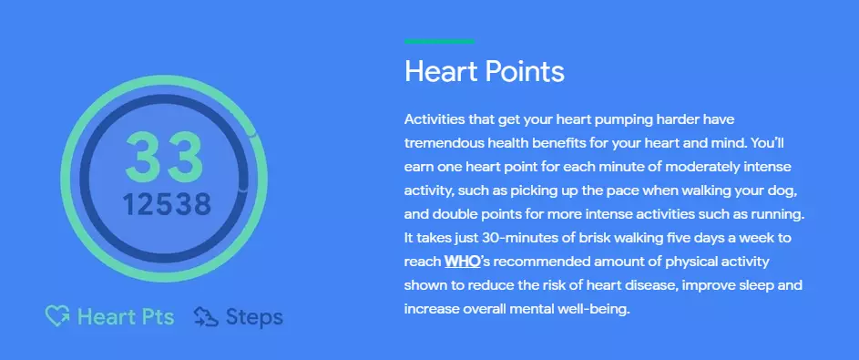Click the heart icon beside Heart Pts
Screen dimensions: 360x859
pos(58,317)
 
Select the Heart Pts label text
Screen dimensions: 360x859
pos(127,317)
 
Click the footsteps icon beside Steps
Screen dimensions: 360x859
pos(205,317)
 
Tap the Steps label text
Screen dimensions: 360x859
pos(254,317)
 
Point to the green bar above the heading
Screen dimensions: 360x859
pos(439,41)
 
